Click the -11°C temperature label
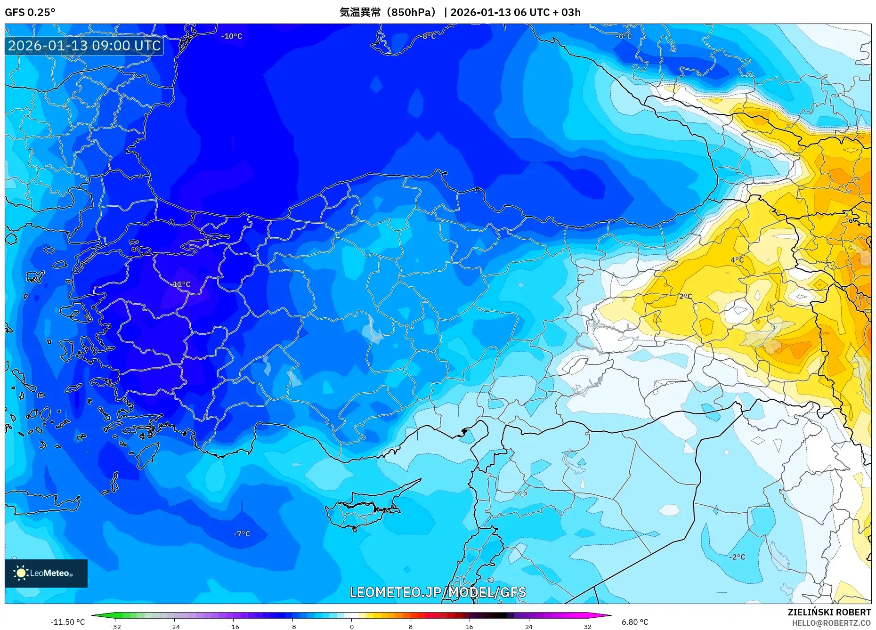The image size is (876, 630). [181, 284]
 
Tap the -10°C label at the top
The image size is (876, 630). [232, 36]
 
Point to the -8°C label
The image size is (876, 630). [429, 36]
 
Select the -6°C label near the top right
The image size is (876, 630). [624, 36]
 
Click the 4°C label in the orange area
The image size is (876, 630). [737, 260]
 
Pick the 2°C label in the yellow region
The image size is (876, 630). [685, 296]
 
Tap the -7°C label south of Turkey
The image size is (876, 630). [242, 533]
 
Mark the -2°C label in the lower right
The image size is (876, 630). [737, 557]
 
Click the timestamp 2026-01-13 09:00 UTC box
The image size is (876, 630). [84, 46]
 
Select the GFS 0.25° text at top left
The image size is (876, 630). [30, 12]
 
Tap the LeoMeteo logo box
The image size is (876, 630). [46, 573]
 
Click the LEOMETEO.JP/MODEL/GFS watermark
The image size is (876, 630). [438, 592]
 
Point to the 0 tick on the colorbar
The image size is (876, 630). [351, 626]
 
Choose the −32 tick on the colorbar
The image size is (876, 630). [115, 626]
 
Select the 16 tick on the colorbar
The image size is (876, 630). [469, 626]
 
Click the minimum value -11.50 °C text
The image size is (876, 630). [68, 622]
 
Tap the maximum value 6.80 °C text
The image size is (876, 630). [634, 622]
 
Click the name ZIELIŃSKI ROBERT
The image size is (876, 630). [829, 612]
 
